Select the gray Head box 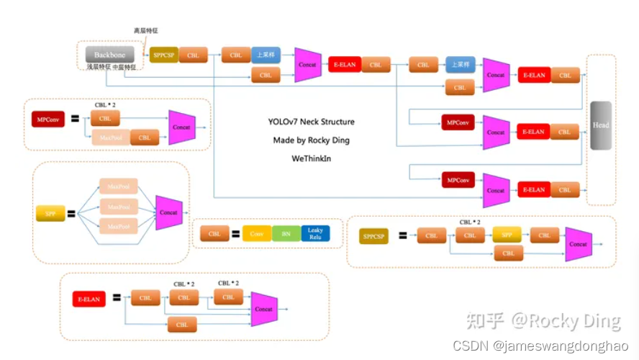pyautogui.click(x=600, y=125)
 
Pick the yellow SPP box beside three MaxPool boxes pyautogui.click(x=50, y=213)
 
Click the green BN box pyautogui.click(x=286, y=234)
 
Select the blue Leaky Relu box pyautogui.click(x=315, y=233)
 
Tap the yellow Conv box pyautogui.click(x=256, y=234)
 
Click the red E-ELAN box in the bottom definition pyautogui.click(x=89, y=298)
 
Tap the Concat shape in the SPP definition pyautogui.click(x=168, y=212)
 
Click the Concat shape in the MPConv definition pyautogui.click(x=181, y=127)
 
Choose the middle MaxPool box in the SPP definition pyautogui.click(x=118, y=207)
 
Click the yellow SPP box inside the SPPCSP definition pyautogui.click(x=507, y=235)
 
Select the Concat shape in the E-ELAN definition pyautogui.click(x=264, y=309)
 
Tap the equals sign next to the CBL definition pyautogui.click(x=235, y=234)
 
